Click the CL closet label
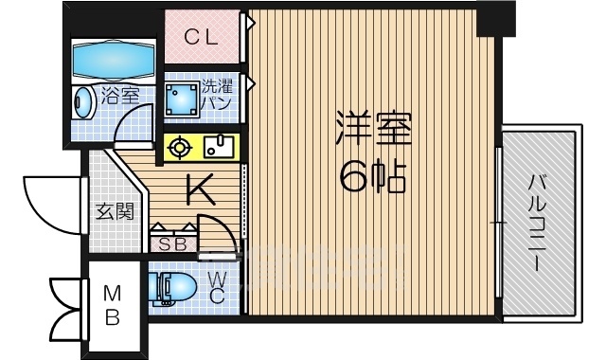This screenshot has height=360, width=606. point(202,38)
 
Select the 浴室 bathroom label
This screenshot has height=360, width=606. point(122,96)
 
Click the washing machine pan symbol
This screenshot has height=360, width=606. point(180,99)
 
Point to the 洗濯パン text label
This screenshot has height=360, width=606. point(215,96)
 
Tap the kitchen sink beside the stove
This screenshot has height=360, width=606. point(219,147)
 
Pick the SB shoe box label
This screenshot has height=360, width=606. point(172,243)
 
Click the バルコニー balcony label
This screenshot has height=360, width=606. point(538,223)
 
